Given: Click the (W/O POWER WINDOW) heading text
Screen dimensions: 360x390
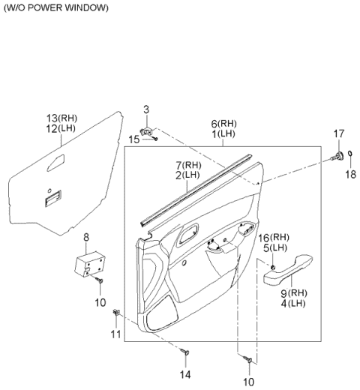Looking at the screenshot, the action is point(56,8).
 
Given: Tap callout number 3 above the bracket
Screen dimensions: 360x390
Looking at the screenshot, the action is point(146,109).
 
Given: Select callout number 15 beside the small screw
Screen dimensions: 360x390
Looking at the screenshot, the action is point(134,139).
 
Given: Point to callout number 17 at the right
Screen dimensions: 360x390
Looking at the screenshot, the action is point(339,133).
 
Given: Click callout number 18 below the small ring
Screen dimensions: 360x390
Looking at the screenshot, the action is point(350,174).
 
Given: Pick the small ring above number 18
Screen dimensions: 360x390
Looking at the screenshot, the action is point(350,153).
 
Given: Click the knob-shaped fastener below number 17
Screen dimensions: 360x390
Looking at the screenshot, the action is point(337,156).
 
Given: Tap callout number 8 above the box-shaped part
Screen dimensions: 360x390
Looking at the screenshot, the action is point(86,237).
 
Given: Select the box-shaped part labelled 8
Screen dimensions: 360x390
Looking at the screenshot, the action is point(90,263).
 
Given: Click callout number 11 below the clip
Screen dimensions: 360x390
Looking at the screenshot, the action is point(115,334).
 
